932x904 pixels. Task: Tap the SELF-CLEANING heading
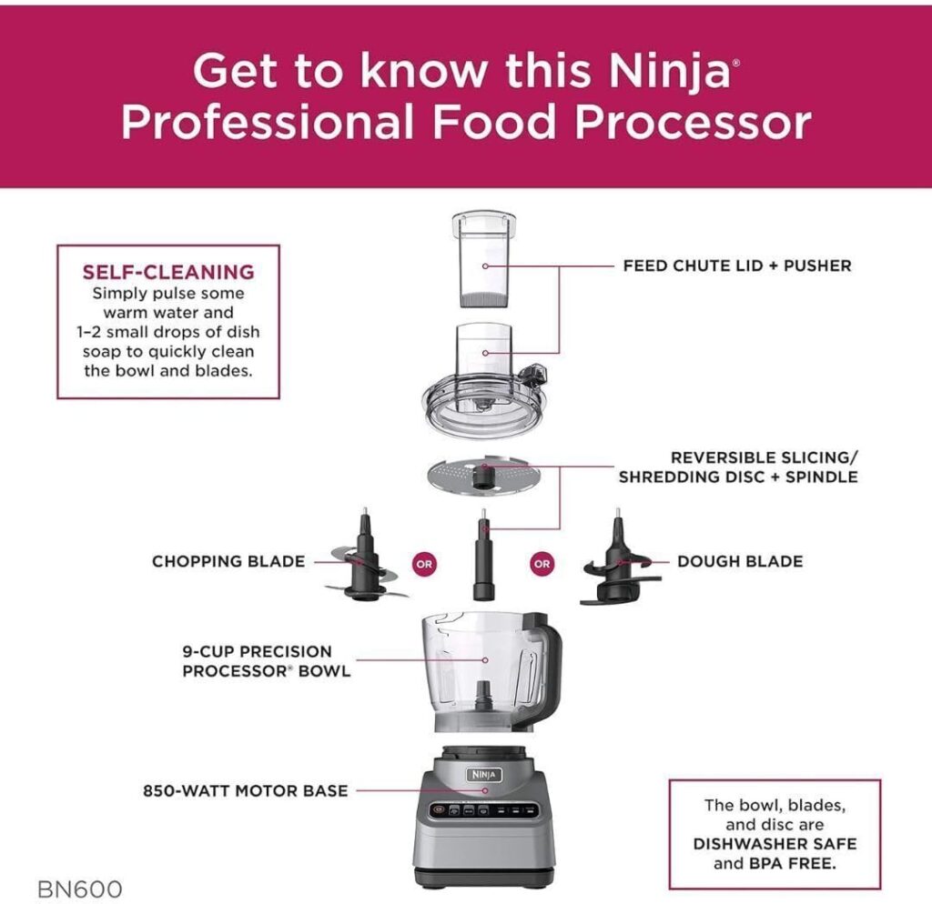tap(168, 272)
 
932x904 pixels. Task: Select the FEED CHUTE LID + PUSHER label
tap(737, 266)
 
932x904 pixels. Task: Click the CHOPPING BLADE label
tap(228, 561)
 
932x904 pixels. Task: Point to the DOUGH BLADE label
tap(740, 561)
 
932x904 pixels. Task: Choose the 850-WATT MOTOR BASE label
tap(245, 790)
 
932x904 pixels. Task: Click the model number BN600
tap(80, 888)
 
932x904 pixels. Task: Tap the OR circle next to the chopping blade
tap(424, 563)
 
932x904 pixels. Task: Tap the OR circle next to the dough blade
tap(542, 563)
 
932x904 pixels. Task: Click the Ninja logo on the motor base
tap(485, 772)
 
